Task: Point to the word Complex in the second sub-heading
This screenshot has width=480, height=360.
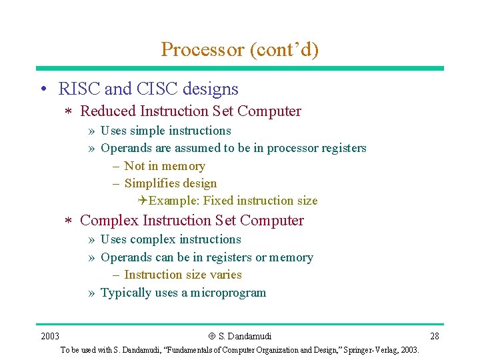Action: coord(109,221)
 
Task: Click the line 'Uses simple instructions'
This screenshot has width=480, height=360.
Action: coord(165,131)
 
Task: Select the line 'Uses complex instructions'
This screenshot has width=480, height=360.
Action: coord(171,239)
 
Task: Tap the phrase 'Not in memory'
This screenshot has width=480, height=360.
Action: coord(165,166)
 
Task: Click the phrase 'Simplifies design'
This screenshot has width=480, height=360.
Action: coord(171,183)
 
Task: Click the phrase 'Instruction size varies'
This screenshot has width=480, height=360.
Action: coord(183,275)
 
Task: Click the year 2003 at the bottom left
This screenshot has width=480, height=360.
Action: coord(50,336)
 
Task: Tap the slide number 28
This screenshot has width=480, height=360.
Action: coord(435,336)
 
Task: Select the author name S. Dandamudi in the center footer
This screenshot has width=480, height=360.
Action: coord(245,336)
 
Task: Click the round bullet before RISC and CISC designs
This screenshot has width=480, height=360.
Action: coord(42,89)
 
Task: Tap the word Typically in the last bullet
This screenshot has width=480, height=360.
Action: coord(125,293)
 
